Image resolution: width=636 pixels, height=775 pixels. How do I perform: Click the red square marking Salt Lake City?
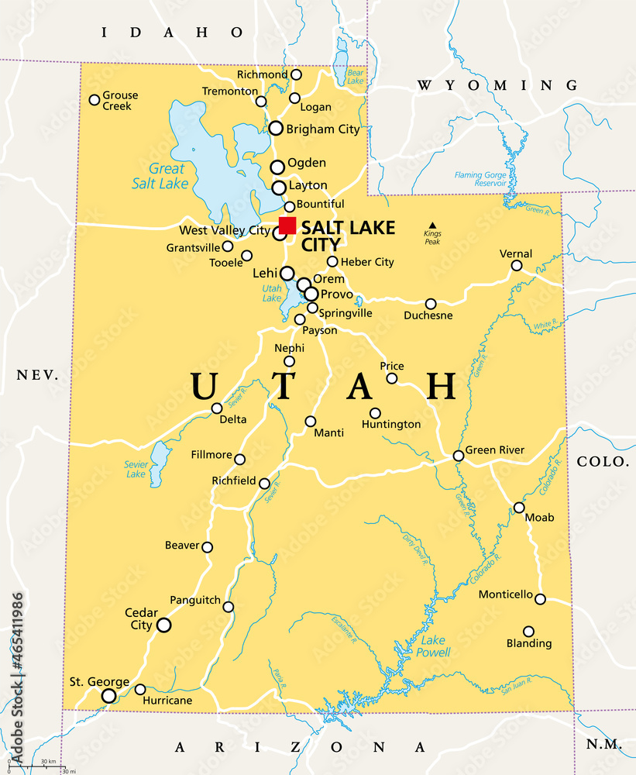click(287, 226)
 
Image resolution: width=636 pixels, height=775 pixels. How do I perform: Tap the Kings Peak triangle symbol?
click(432, 225)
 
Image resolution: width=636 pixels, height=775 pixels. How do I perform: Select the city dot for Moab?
click(519, 508)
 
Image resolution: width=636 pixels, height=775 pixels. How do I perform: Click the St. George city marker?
click(109, 696)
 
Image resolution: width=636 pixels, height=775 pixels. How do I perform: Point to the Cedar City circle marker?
click(163, 625)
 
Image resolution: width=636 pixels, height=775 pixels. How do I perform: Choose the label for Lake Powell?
click(434, 646)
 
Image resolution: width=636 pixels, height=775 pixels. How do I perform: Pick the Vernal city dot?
click(517, 266)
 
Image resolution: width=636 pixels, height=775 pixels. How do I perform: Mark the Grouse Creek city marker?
click(95, 99)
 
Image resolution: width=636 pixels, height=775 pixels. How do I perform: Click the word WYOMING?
click(497, 85)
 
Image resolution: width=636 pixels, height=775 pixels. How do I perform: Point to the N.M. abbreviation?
click(603, 743)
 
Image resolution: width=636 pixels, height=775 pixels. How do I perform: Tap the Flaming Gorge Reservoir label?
click(480, 180)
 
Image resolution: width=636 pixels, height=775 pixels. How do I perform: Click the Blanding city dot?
click(529, 632)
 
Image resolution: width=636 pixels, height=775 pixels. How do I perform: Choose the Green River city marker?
click(459, 456)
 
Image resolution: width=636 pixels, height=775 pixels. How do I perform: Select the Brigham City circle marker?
click(276, 129)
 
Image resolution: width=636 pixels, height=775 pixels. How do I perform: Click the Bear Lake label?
click(355, 77)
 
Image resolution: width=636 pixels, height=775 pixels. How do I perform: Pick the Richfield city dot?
click(264, 484)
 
